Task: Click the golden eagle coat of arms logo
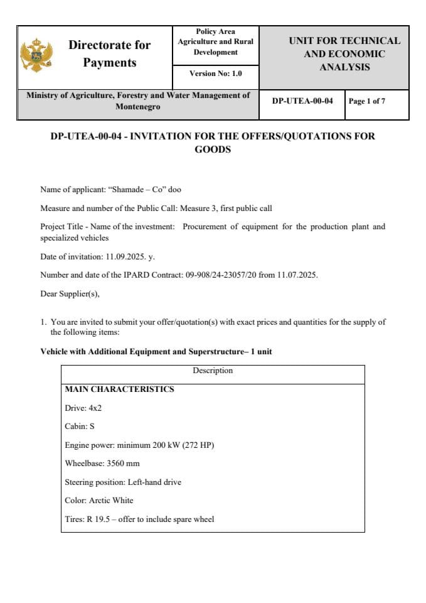(x=36, y=55)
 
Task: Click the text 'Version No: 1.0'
(x=215, y=73)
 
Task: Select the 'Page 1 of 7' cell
(x=367, y=101)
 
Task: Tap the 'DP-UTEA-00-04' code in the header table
(x=302, y=101)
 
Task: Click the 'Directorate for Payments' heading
(x=110, y=53)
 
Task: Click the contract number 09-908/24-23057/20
(x=218, y=275)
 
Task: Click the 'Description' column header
(x=213, y=371)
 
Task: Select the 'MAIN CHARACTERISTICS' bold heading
(x=119, y=389)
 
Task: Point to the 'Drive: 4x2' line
(x=83, y=408)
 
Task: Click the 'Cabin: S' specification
(x=80, y=426)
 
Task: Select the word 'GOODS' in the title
(x=213, y=149)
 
